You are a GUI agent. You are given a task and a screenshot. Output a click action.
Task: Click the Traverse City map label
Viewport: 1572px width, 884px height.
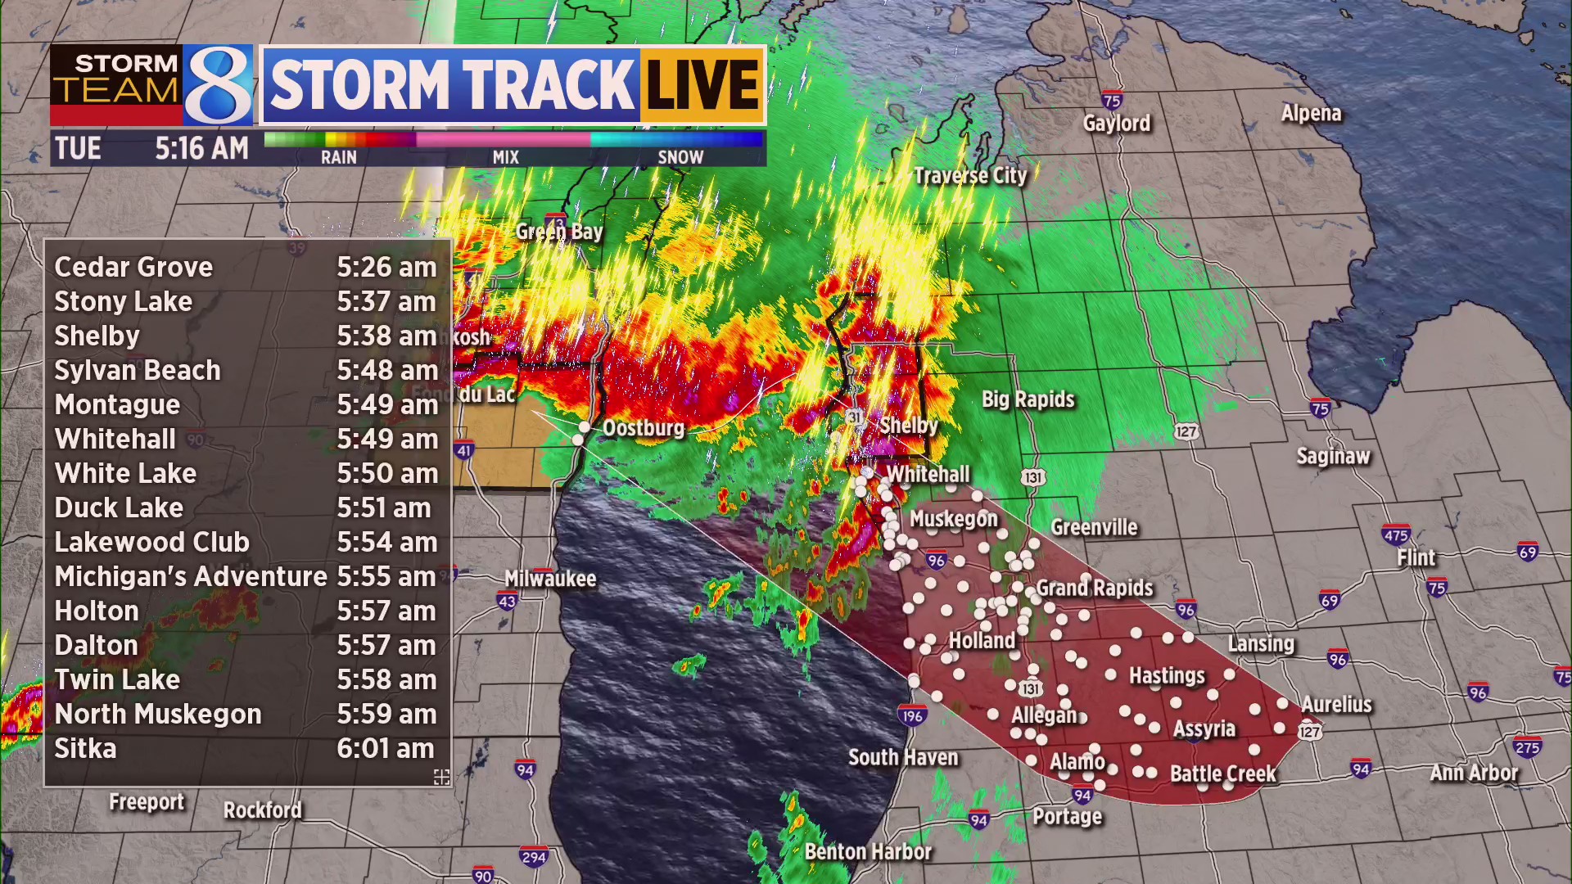[x=970, y=176]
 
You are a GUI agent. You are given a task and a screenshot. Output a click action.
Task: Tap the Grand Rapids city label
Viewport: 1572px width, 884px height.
[x=1094, y=589]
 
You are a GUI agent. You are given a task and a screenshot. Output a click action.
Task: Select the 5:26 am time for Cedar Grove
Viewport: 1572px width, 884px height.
[x=386, y=267]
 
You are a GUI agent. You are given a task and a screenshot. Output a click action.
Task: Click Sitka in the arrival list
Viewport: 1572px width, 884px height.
[x=85, y=748]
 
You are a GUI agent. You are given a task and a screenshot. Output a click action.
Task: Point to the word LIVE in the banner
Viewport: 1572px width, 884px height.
[x=702, y=84]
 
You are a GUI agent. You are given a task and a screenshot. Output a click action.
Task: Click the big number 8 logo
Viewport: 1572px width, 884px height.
[x=218, y=85]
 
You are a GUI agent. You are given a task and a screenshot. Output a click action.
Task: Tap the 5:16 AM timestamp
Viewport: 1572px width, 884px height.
[x=201, y=149]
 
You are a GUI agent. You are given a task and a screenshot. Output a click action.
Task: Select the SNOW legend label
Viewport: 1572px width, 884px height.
[x=680, y=157]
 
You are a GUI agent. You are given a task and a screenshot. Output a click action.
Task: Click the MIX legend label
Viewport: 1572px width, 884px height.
[x=505, y=157]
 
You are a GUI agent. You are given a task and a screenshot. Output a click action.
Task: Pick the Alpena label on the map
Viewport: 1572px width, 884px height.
[x=1311, y=114]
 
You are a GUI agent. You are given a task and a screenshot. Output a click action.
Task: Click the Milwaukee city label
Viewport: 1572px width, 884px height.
[x=550, y=579]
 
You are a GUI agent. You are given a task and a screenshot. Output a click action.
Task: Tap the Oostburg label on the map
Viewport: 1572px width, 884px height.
[x=643, y=428]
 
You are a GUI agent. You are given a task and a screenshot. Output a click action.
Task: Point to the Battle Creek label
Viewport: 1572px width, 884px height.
[x=1222, y=773]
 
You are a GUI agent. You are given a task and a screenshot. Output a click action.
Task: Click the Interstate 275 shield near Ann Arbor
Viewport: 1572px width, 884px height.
[x=1527, y=746]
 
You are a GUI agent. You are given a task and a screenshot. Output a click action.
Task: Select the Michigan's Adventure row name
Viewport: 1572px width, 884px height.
[x=191, y=576]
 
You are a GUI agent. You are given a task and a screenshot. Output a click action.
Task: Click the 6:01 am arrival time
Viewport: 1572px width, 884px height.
[x=386, y=748]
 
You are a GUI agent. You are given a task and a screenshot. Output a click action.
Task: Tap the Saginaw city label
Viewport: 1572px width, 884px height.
[x=1333, y=456]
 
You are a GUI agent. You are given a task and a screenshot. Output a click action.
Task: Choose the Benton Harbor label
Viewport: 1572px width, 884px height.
[x=868, y=852]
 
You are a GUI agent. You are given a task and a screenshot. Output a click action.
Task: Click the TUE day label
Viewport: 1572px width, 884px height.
[x=78, y=149]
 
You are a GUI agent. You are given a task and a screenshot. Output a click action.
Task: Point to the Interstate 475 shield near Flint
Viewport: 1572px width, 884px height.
[x=1395, y=535]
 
